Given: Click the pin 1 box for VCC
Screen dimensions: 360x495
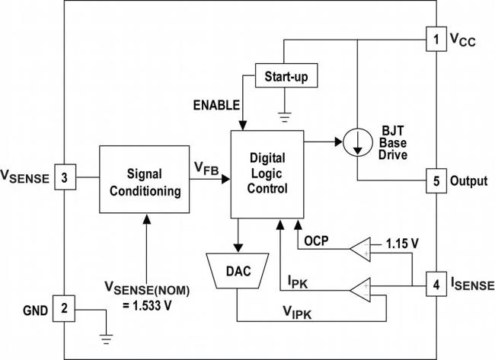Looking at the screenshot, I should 435,38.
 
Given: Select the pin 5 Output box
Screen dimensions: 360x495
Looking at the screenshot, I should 435,183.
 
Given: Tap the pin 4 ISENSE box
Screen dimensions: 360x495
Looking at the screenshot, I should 435,285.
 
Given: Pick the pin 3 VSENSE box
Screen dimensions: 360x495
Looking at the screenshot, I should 65,179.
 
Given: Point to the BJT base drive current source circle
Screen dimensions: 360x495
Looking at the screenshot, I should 356,142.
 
